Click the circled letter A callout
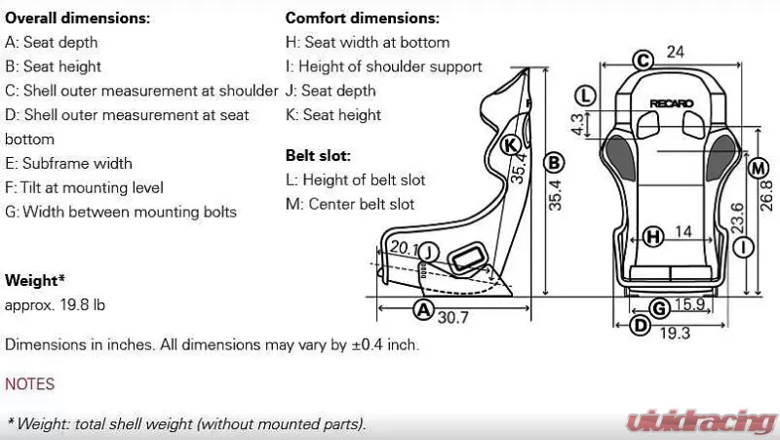[422, 310]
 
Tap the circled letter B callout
[553, 162]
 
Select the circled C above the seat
[642, 60]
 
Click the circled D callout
[640, 325]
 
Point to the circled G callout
[659, 308]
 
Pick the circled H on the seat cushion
[653, 235]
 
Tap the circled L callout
[585, 95]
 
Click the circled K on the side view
[510, 145]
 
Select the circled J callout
[430, 252]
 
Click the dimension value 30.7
[453, 317]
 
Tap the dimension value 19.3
[674, 333]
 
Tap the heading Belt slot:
[318, 155]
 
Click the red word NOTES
[29, 384]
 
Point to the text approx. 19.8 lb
[55, 304]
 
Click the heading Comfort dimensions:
[362, 18]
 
